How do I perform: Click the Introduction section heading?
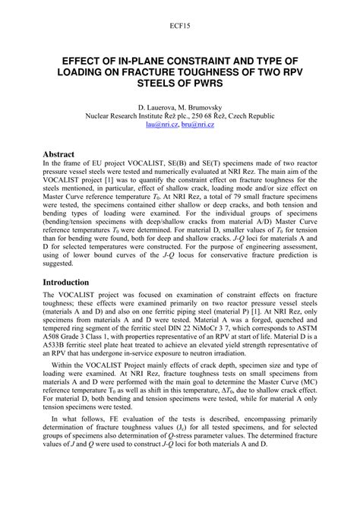coord(72,282)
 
